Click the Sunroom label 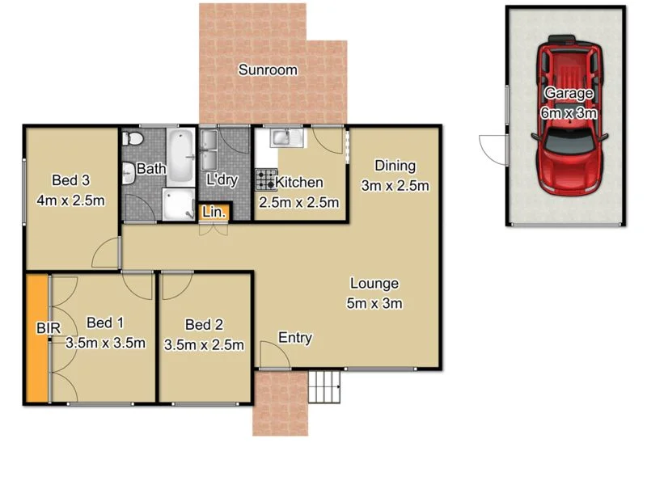click(267, 70)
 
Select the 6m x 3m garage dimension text click(569, 113)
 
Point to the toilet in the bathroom click(133, 141)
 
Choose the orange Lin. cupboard click(214, 213)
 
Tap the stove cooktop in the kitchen click(266, 179)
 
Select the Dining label click(394, 167)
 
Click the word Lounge click(374, 284)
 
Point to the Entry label click(295, 338)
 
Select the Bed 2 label click(204, 325)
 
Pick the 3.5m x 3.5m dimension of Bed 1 click(105, 343)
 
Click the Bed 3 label click(70, 180)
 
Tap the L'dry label click(222, 180)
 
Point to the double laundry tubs click(209, 142)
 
